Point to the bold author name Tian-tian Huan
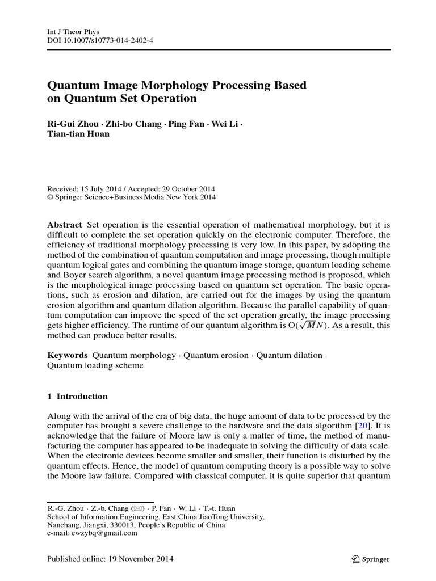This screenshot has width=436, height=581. pos(78,134)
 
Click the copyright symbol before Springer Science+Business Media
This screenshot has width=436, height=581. pos(49,197)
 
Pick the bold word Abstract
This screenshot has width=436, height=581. pos(64,225)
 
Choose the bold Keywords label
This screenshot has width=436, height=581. pos(67,355)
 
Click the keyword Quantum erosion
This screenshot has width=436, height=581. pos(216,355)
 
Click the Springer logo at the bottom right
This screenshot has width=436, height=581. pos(370,559)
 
